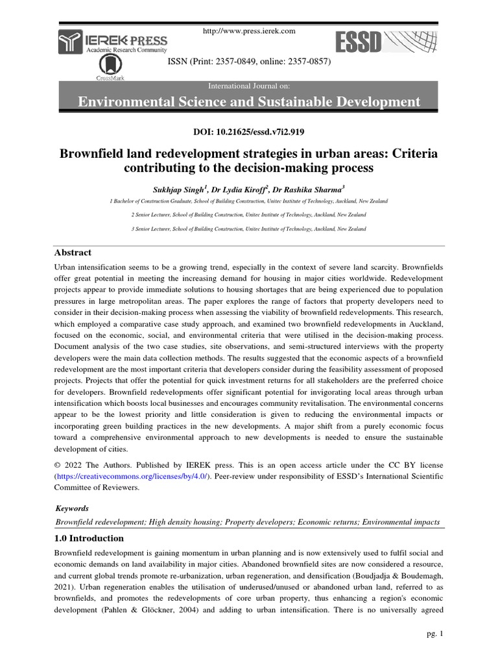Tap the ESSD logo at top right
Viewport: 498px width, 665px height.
pyautogui.click(x=386, y=43)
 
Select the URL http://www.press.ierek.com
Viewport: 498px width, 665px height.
pyautogui.click(x=249, y=31)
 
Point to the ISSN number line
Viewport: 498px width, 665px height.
pyautogui.click(x=249, y=62)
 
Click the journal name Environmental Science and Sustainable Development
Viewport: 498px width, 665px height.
pyautogui.click(x=249, y=102)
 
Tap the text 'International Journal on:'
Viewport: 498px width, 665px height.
pyautogui.click(x=249, y=86)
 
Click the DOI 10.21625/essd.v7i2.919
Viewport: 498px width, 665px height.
pyautogui.click(x=249, y=132)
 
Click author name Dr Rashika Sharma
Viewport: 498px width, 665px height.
pyautogui.click(x=313, y=190)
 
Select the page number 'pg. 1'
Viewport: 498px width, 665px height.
pyautogui.click(x=432, y=634)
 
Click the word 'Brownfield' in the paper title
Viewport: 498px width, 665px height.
pyautogui.click(x=92, y=155)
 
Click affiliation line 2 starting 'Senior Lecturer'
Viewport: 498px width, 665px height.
pyautogui.click(x=249, y=214)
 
